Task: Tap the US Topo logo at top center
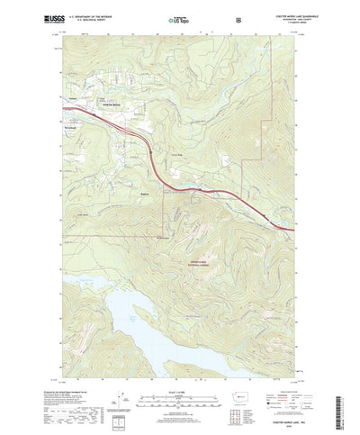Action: (177, 18)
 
